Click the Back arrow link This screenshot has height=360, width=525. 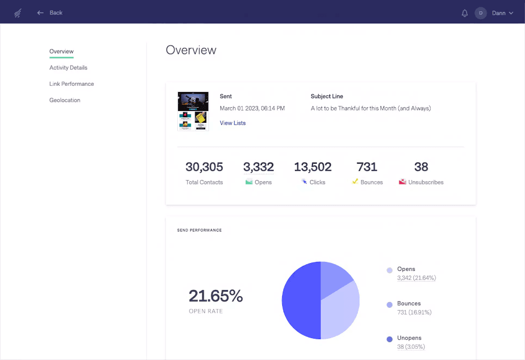pos(49,12)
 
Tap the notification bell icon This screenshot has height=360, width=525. pos(464,13)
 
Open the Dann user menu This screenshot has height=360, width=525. pos(495,13)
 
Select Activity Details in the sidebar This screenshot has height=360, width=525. pos(68,68)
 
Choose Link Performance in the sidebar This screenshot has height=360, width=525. pos(72,84)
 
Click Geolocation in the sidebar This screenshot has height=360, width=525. pos(65,100)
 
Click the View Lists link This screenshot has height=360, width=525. pos(233,123)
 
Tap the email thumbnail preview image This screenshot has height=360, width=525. pos(193,111)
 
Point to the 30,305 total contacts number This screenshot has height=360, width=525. pos(204,167)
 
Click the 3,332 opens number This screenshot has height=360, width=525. pos(259,167)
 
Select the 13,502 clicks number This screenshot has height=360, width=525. pos(312,167)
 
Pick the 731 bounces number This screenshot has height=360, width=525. pos(367,167)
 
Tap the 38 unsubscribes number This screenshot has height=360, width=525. pos(421,167)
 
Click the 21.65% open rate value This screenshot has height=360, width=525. pos(215,296)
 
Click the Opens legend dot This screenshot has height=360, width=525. pos(389,270)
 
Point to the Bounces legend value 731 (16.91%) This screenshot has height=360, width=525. pos(414,312)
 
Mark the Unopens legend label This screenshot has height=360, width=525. pos(409,338)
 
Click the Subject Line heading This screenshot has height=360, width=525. pos(327,96)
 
